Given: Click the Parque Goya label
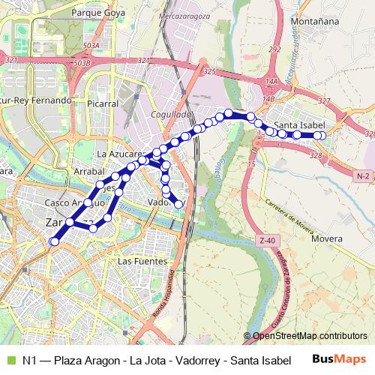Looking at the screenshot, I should pyautogui.click(x=97, y=13).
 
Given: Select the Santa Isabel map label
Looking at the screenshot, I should pyautogui.click(x=299, y=124).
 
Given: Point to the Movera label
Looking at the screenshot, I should pyautogui.click(x=326, y=238).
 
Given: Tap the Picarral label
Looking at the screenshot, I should pyautogui.click(x=103, y=103).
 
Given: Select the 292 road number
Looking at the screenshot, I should pyautogui.click(x=274, y=49).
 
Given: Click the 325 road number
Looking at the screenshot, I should pyautogui.click(x=209, y=71).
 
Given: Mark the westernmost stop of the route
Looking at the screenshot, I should pyautogui.click(x=53, y=241).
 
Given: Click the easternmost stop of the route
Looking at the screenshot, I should pyautogui.click(x=322, y=136).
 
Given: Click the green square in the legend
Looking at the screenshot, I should pyautogui.click(x=9, y=360).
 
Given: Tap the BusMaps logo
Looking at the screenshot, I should pyautogui.click(x=338, y=359).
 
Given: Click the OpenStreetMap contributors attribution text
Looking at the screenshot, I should pyautogui.click(x=309, y=336).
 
